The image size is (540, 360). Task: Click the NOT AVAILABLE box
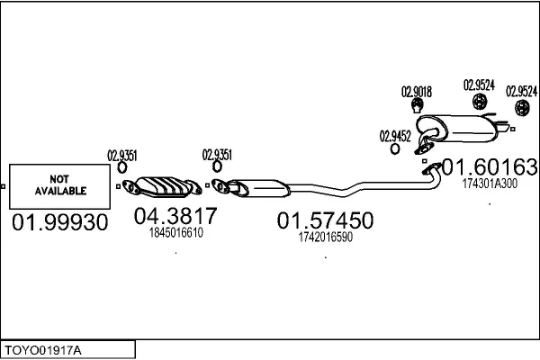pyautogui.click(x=60, y=186)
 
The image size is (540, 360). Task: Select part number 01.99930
pyautogui.click(x=60, y=222)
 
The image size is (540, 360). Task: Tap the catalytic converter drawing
pyautogui.click(x=162, y=187)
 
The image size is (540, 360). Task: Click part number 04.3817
pyautogui.click(x=175, y=216)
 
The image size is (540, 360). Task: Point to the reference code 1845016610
pyautogui.click(x=176, y=233)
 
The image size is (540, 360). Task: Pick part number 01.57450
pyautogui.click(x=325, y=220)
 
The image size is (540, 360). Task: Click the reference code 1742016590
pyautogui.click(x=326, y=237)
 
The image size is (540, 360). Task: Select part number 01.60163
pyautogui.click(x=490, y=167)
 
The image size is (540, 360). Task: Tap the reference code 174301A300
pyautogui.click(x=490, y=184)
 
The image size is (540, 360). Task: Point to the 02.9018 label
pyautogui.click(x=417, y=92)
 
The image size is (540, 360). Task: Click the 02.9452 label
pyautogui.click(x=395, y=137)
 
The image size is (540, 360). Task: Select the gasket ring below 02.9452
pyautogui.click(x=395, y=149)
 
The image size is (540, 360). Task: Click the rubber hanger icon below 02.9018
pyautogui.click(x=417, y=105)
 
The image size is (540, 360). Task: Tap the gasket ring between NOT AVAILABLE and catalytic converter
pyautogui.click(x=122, y=167)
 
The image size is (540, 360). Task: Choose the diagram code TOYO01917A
pyautogui.click(x=43, y=351)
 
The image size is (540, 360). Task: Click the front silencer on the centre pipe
pyautogui.click(x=258, y=188)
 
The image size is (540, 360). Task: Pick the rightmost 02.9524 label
pyautogui.click(x=521, y=91)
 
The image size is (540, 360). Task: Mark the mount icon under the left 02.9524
pyautogui.click(x=479, y=102)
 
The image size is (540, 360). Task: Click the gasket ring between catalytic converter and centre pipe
pyautogui.click(x=217, y=166)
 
